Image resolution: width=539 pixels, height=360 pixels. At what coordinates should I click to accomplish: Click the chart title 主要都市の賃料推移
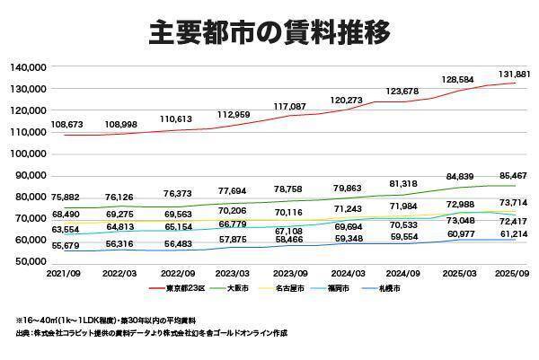pos(269,33)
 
